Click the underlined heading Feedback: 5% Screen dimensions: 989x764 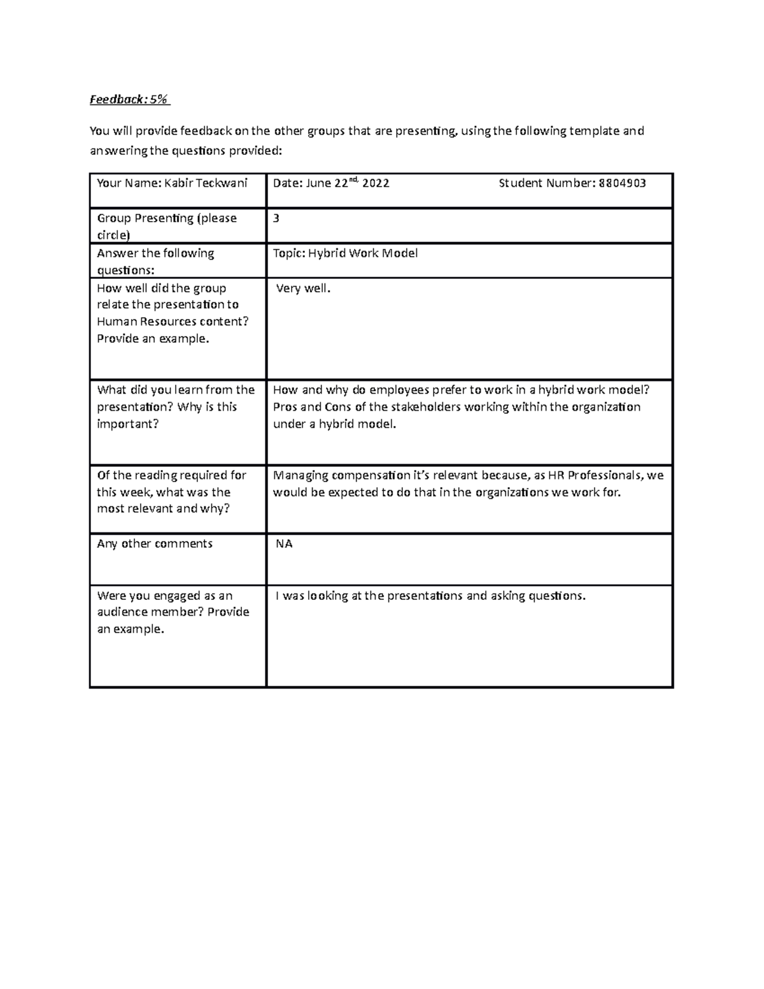(x=129, y=99)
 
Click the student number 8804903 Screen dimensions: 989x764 (x=623, y=183)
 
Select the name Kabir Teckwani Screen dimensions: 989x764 (x=206, y=183)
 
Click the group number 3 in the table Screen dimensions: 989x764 (x=276, y=218)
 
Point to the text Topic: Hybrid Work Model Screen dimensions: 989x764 (x=345, y=253)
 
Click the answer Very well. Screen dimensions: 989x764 (x=304, y=288)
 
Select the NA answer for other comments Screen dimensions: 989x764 (x=284, y=544)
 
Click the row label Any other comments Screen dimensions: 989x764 (x=155, y=544)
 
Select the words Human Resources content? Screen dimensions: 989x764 (x=173, y=322)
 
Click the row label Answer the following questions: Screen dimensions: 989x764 (x=155, y=262)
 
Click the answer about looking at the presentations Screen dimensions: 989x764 (x=430, y=596)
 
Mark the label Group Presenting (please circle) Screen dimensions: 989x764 (x=166, y=226)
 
